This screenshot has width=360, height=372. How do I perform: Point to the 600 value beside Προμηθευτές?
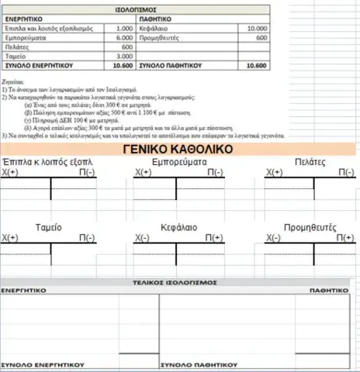[261, 37]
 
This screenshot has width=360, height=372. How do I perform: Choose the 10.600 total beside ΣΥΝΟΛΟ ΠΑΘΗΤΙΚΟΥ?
[255, 67]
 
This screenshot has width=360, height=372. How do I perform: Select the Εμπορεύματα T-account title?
[180, 163]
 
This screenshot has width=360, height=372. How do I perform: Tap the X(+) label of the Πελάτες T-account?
[275, 174]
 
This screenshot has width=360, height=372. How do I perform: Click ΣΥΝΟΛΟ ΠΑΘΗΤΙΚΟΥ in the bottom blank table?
[198, 363]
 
